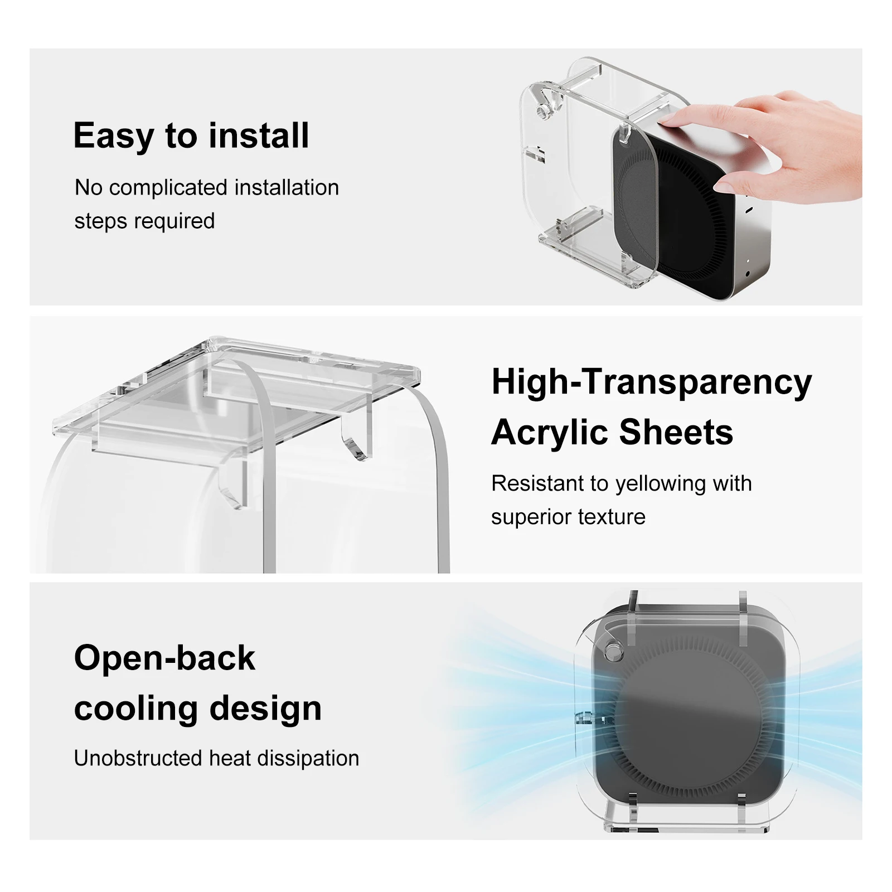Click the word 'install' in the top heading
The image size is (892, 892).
click(259, 135)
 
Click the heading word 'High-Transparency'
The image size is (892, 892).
click(651, 383)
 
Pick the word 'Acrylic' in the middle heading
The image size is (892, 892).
click(550, 433)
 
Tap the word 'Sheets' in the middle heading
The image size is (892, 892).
click(676, 433)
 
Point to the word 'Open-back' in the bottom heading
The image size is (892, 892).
click(164, 658)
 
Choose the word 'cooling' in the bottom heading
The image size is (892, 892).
click(136, 709)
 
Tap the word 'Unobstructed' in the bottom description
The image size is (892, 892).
click(138, 758)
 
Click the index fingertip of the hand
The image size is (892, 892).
click(667, 118)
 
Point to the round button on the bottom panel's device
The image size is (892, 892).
click(614, 650)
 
